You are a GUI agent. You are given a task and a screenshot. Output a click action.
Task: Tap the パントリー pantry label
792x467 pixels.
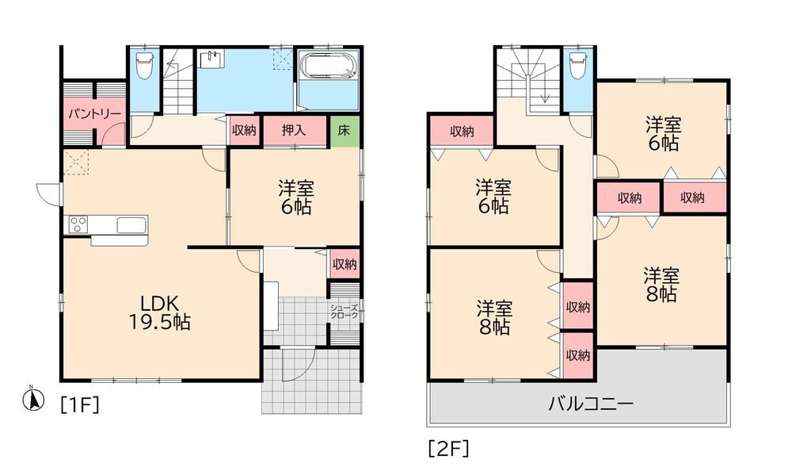[94, 113]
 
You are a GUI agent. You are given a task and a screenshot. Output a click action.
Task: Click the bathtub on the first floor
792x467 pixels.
[329, 66]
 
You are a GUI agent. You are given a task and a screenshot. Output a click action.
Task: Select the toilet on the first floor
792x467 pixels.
[144, 67]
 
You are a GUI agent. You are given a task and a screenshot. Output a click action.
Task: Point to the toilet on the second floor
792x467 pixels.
[578, 65]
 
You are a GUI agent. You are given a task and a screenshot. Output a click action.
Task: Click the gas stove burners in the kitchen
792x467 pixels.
[78, 224]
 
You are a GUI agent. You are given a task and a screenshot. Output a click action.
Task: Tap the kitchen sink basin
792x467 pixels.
[131, 224]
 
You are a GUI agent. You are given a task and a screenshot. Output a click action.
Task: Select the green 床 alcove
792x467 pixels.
[345, 130]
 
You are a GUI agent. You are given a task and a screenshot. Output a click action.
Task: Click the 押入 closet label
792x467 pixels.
[294, 130]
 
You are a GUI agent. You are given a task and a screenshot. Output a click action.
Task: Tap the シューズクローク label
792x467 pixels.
[345, 312]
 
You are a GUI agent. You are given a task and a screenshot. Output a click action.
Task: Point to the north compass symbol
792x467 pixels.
[32, 400]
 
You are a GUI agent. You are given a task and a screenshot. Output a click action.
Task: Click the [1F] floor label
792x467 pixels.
[80, 405]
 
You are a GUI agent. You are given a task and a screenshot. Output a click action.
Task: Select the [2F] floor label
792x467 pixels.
[449, 448]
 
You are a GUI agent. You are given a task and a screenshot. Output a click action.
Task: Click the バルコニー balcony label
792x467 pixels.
[591, 404]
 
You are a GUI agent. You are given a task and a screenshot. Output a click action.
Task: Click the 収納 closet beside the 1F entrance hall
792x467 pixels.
[345, 263]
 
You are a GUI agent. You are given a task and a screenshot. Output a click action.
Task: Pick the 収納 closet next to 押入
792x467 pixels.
[245, 130]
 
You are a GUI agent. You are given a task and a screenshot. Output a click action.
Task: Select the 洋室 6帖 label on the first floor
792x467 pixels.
[295, 197]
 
